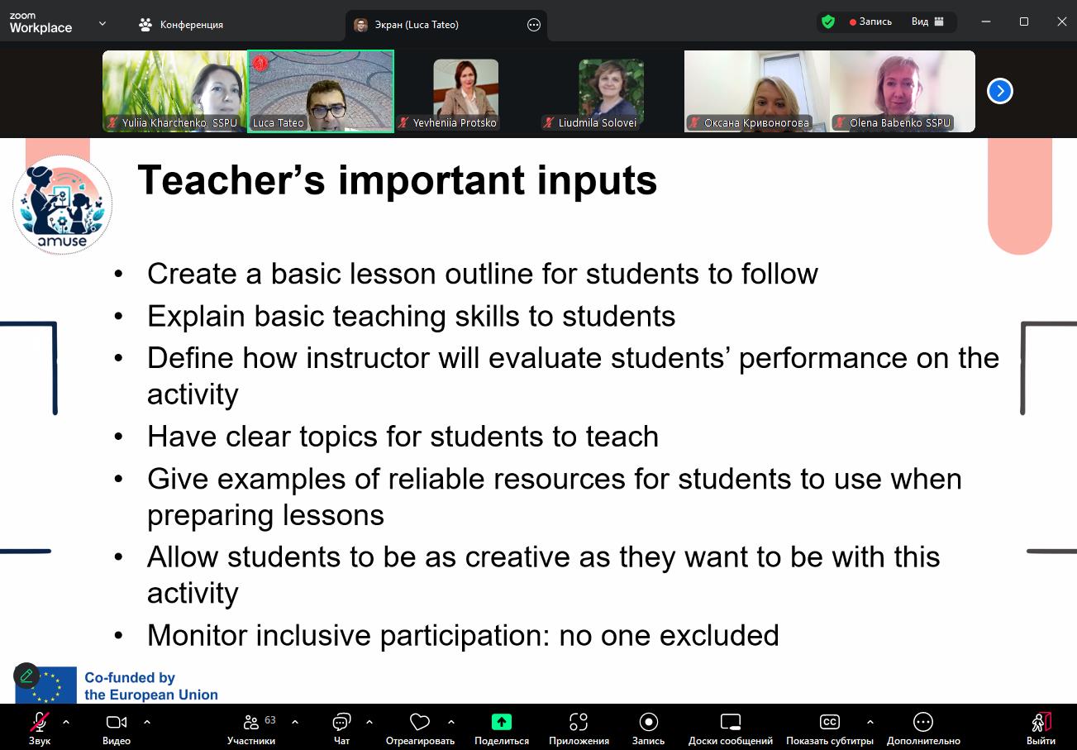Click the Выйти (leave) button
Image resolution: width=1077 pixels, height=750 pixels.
click(x=1041, y=722)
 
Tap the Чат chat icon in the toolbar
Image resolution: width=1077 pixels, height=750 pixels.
click(x=341, y=722)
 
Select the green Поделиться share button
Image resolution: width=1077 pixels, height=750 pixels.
click(x=502, y=722)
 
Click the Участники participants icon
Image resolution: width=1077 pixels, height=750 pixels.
click(x=251, y=722)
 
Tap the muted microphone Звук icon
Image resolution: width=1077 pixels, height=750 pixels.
click(x=40, y=722)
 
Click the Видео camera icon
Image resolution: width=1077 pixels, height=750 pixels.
click(x=117, y=722)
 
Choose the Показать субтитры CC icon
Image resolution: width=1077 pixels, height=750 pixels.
click(x=829, y=722)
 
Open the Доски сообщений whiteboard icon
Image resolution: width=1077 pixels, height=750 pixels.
click(x=731, y=722)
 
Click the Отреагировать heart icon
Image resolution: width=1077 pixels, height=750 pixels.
click(x=419, y=722)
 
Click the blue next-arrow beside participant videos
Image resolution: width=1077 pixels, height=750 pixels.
click(x=1000, y=91)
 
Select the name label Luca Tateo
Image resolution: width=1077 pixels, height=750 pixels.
click(x=279, y=123)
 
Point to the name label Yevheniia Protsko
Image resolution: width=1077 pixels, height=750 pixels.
click(x=455, y=123)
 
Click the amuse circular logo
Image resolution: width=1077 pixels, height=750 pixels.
click(x=63, y=204)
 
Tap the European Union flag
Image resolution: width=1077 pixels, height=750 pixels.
click(x=46, y=685)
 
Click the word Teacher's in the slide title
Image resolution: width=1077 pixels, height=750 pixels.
click(x=231, y=180)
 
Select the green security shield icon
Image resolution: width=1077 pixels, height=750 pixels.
click(x=828, y=21)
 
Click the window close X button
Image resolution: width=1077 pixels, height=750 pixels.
click(x=1061, y=21)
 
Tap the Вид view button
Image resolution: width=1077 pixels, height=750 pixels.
click(x=927, y=21)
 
